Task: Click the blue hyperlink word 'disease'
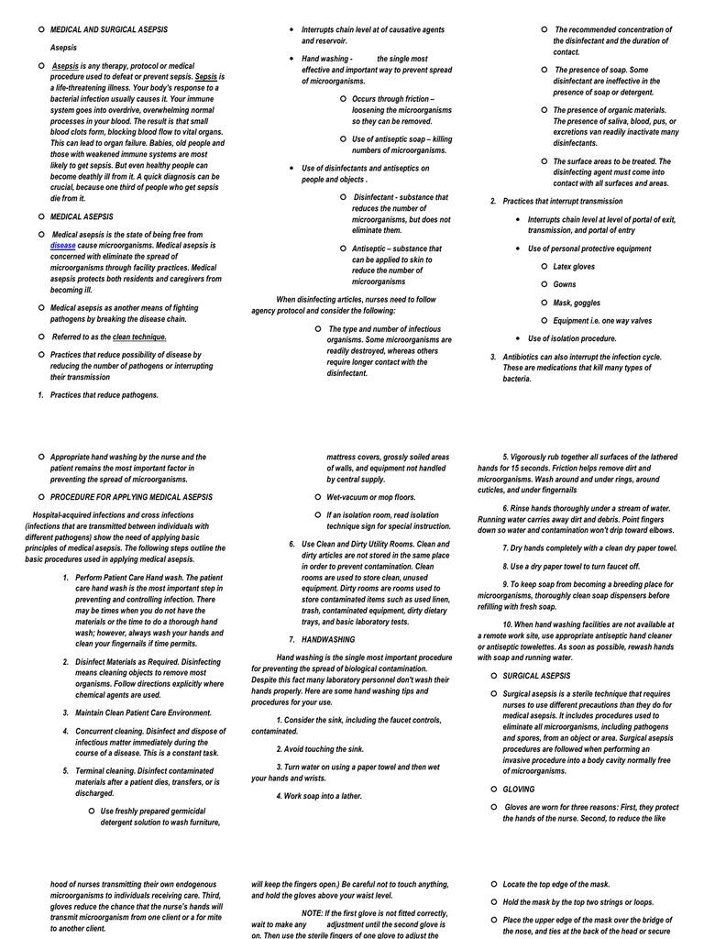point(63,246)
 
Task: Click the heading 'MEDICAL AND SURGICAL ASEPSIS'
point(109,30)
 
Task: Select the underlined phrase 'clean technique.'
point(139,337)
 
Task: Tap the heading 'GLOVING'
point(518,789)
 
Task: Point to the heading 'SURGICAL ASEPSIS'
point(536,676)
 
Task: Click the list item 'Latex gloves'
point(574,267)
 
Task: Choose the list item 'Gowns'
point(565,284)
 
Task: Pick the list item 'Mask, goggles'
point(577,303)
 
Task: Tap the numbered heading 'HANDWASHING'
point(328,639)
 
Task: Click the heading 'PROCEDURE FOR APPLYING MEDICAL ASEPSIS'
point(131,497)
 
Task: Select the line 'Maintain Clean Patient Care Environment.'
point(143,713)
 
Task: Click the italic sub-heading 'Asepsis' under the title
point(63,48)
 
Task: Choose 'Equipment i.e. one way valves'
point(602,320)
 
